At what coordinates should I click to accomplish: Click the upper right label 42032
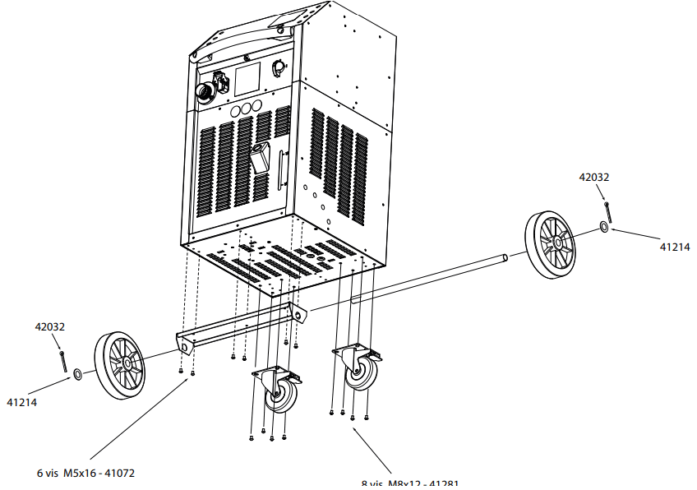tap(594, 177)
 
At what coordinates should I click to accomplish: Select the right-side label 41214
tap(675, 246)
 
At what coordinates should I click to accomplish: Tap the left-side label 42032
tap(49, 326)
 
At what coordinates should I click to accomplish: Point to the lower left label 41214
tap(21, 403)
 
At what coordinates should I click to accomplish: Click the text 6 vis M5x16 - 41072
tap(85, 473)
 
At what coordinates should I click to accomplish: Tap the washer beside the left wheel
tap(77, 375)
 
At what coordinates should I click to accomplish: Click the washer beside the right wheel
tap(605, 226)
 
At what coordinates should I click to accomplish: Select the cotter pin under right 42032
tap(607, 209)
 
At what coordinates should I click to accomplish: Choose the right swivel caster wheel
tap(359, 373)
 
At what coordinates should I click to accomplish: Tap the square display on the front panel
tap(247, 78)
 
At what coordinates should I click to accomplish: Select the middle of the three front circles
tap(244, 109)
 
